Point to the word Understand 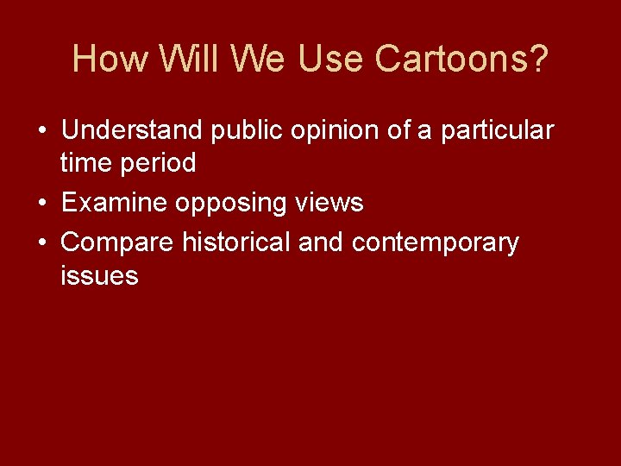(132, 130)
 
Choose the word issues (100, 275)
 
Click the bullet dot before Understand (41, 131)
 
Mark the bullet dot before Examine (41, 204)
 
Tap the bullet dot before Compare (41, 243)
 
